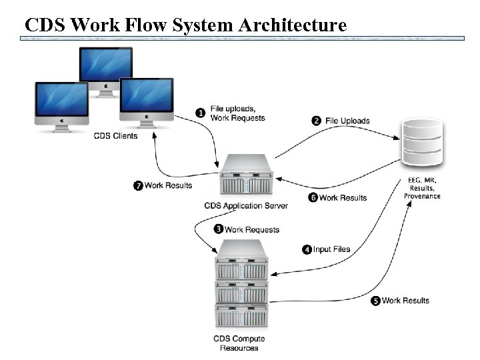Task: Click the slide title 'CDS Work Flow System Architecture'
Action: point(185,25)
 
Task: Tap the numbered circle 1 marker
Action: point(200,113)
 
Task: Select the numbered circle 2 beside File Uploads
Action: point(316,121)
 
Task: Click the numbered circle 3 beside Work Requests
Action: point(218,229)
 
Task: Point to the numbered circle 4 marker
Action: point(307,249)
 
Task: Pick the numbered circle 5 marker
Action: point(313,197)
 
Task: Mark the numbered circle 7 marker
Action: point(138,185)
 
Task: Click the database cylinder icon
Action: point(422,142)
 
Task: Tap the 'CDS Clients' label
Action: point(116,136)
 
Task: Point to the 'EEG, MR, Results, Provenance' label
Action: point(422,188)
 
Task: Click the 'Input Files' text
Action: point(331,249)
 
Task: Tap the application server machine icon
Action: point(246,175)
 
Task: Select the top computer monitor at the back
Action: point(105,67)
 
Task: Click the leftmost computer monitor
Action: point(61,104)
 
